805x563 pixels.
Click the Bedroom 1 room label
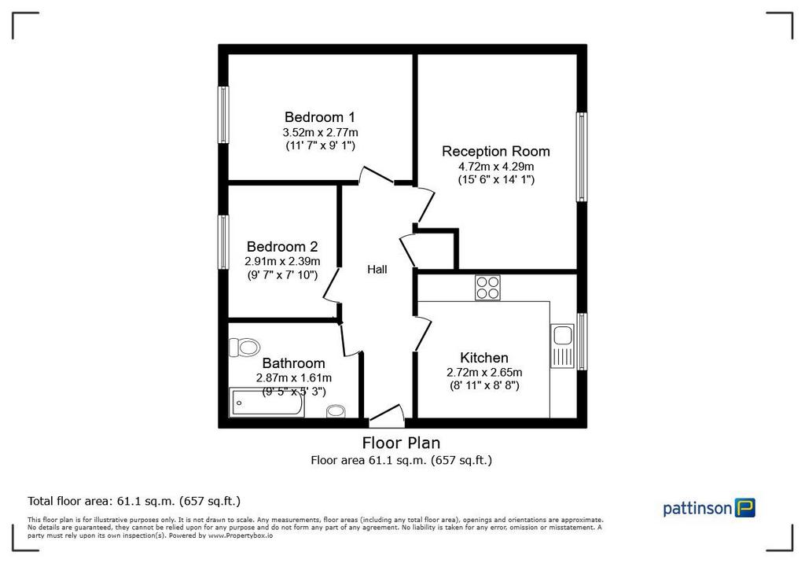coord(320,117)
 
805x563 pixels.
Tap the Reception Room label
coord(496,152)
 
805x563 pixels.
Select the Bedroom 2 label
coord(282,247)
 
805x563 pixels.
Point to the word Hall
coord(377,269)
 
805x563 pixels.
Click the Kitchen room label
coord(484,358)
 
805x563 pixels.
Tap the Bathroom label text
coord(294,363)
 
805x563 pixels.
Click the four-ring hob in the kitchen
coord(487,288)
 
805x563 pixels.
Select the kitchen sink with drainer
coord(562,346)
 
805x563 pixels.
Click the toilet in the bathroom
coord(244,348)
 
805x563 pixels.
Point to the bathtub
coord(266,403)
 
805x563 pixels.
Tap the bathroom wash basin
coord(336,411)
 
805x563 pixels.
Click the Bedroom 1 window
coord(223,115)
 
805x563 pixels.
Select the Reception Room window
coord(582,156)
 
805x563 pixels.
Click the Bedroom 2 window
coord(223,242)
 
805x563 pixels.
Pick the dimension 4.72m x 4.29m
coord(496,167)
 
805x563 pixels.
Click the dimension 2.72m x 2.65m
coord(484,372)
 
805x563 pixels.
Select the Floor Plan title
coord(401,442)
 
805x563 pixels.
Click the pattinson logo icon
coord(745,507)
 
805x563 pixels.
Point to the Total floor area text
coord(134,501)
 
